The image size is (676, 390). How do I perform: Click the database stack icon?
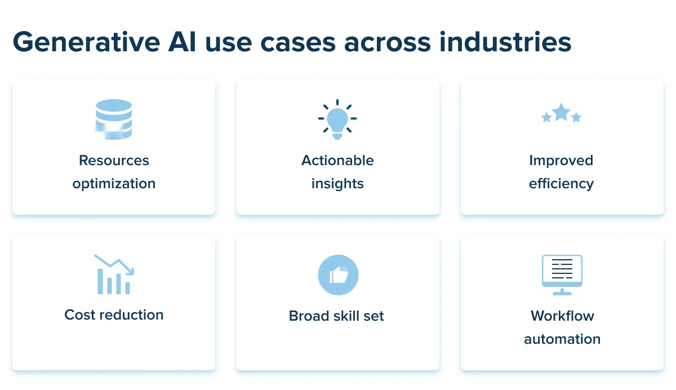114,119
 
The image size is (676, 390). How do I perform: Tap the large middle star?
561,113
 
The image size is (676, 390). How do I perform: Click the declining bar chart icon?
114,274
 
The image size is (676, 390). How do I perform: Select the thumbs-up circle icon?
338,275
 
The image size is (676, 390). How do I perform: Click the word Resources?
114,161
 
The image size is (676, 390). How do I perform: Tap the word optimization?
114,184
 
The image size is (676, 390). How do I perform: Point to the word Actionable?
337,161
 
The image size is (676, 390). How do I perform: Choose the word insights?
337,184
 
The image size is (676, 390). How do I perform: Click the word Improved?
561,161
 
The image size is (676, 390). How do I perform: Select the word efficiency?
561,184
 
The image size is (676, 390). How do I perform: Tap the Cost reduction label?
114,314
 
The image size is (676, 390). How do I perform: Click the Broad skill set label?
336,316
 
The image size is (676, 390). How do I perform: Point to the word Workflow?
562,316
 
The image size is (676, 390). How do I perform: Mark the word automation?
562,339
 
